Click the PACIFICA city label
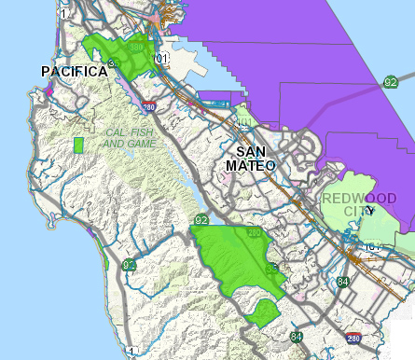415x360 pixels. tap(70, 72)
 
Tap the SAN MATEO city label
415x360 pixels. tap(251, 158)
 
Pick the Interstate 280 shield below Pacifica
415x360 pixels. tap(149, 107)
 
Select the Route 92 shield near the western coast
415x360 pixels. tap(129, 266)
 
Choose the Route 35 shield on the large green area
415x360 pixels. tap(270, 270)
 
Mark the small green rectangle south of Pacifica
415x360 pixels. tap(78, 145)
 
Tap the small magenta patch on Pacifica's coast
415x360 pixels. tap(47, 90)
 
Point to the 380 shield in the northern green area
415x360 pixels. tap(137, 47)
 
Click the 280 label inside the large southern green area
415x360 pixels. tap(253, 233)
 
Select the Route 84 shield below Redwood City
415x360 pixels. tap(344, 282)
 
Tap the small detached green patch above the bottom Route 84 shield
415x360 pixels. tap(265, 312)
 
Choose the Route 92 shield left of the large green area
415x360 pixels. tap(201, 220)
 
